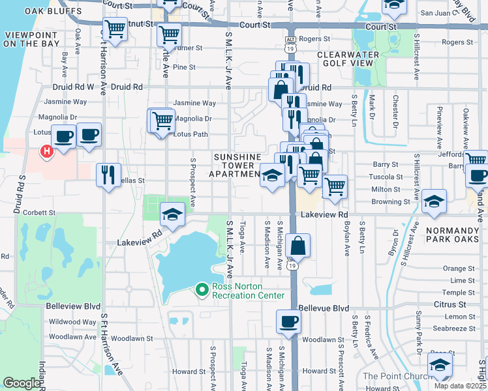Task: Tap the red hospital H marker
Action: pos(46,152)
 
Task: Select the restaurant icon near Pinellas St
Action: pos(108,175)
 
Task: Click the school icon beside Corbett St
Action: pos(171,214)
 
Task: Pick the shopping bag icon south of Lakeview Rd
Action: pos(297,246)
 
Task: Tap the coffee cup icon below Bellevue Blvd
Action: pos(288,321)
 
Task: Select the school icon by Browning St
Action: pos(433,201)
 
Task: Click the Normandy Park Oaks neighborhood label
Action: pos(452,236)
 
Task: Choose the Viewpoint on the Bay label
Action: pos(32,38)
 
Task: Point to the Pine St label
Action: pos(184,67)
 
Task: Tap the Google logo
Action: pos(22,383)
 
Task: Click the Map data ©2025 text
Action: pos(459,386)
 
